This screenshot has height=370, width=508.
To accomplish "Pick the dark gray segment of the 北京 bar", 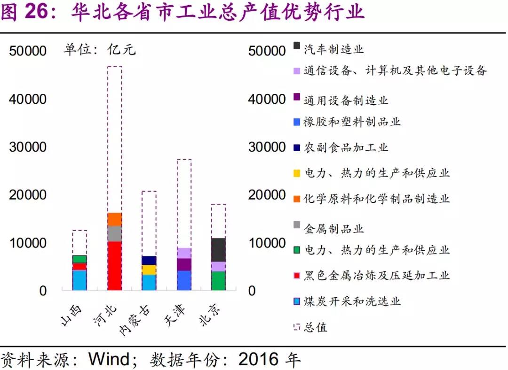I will pos(218,250).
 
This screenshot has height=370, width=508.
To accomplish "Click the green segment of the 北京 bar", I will pos(218,281).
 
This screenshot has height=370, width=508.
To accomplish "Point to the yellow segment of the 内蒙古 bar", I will pos(149,270).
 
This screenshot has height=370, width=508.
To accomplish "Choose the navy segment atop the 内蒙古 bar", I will pos(149,261).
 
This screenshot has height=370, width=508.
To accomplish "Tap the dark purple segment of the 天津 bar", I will pos(184,264).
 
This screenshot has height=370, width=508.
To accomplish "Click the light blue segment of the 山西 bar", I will pos(79,280).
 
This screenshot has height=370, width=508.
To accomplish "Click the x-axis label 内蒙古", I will pos(137,320).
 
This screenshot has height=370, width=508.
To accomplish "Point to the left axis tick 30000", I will pos(28,147).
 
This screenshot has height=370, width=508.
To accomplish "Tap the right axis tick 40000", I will pos(267,100).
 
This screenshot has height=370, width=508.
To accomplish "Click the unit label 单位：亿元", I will pos(100,49).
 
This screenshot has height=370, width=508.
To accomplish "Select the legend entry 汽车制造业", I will pos(333,48).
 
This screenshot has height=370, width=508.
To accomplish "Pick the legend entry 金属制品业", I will pos(333,229).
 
